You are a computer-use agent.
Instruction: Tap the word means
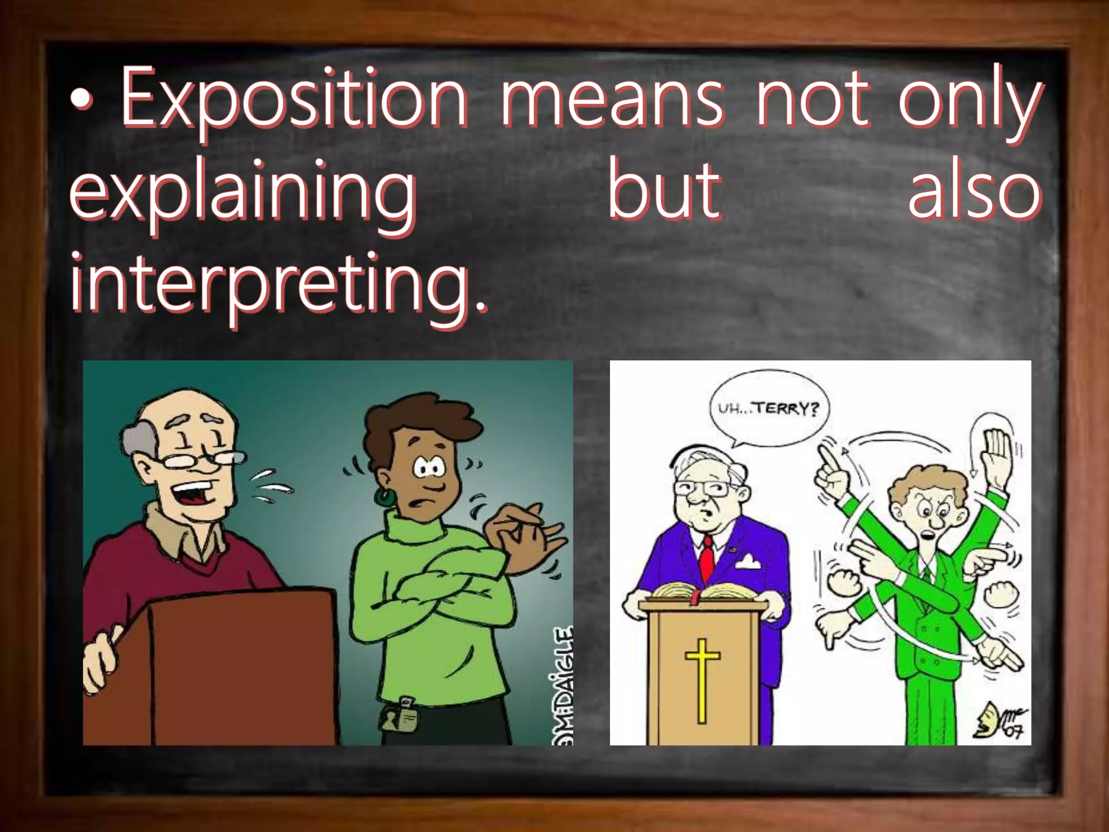tap(611, 100)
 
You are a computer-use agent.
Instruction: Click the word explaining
tap(243, 195)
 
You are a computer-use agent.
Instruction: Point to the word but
tap(664, 190)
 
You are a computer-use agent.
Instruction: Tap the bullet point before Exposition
tap(82, 100)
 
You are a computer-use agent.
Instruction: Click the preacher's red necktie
tap(707, 558)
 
